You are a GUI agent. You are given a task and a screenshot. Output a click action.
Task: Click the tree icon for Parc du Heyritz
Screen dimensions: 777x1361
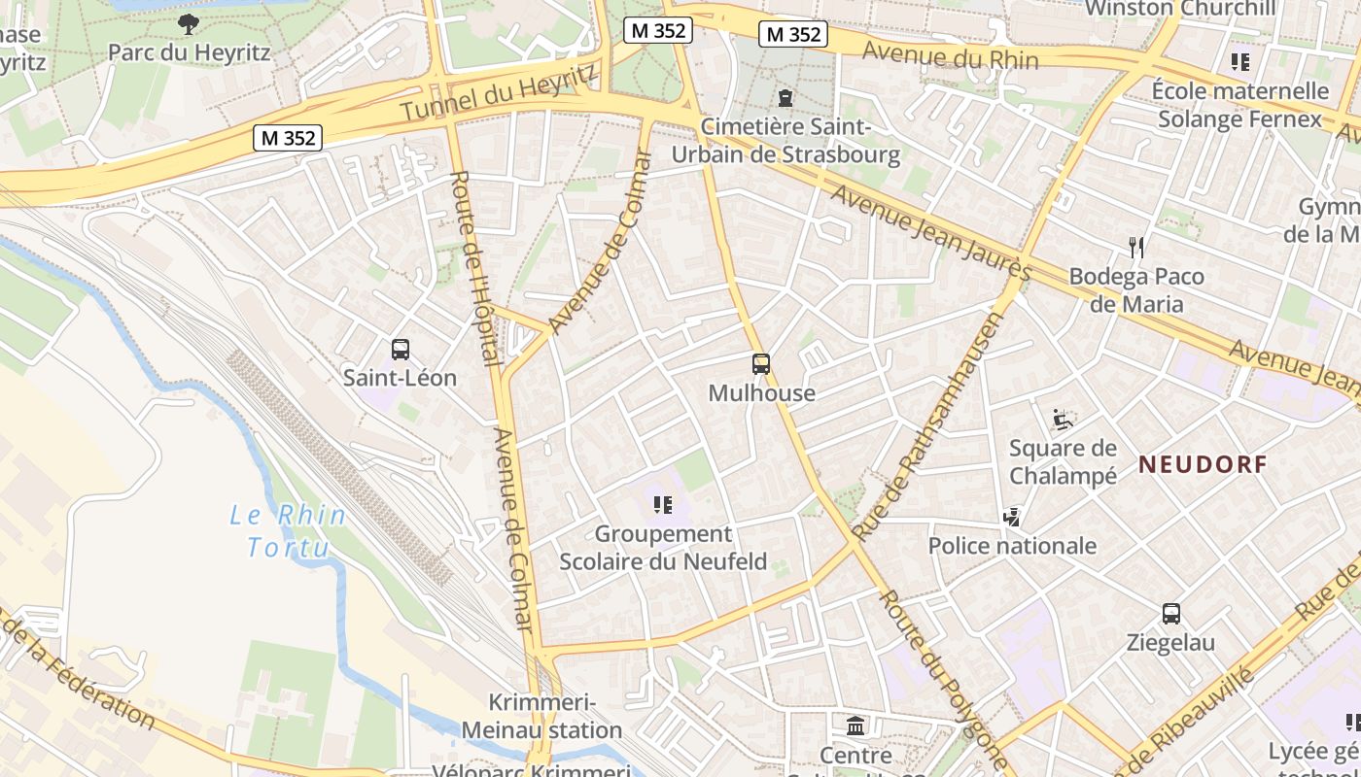point(189,23)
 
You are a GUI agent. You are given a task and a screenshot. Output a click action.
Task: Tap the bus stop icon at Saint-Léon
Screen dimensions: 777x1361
point(400,350)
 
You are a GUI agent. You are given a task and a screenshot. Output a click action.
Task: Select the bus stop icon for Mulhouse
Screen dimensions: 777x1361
point(761,364)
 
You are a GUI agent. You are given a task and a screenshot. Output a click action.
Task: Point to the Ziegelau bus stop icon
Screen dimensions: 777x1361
point(1171,614)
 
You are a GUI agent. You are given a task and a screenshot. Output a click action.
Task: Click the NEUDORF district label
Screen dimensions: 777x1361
point(1204,464)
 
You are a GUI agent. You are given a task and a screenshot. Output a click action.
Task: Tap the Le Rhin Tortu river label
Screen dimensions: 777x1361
point(288,531)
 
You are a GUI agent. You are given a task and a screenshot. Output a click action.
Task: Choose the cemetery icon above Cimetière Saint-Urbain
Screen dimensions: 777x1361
point(785,97)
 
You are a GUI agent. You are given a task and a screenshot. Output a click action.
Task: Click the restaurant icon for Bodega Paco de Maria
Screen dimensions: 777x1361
point(1136,248)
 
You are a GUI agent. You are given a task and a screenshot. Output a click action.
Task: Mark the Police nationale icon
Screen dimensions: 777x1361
point(1012,517)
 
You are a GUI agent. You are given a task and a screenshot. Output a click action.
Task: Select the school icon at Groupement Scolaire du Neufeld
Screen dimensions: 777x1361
point(663,504)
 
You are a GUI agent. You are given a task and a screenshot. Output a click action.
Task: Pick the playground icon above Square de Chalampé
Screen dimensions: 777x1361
point(1063,420)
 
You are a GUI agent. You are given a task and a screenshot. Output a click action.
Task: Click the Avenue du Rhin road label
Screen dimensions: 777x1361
point(950,55)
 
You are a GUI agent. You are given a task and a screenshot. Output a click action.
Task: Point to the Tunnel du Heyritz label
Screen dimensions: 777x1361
point(498,94)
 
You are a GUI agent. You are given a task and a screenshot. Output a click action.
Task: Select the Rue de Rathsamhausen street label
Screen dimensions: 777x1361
point(927,426)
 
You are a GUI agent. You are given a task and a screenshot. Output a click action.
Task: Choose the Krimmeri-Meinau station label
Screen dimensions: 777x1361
point(541,716)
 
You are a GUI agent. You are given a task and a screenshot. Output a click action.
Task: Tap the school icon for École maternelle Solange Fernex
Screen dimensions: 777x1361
point(1239,62)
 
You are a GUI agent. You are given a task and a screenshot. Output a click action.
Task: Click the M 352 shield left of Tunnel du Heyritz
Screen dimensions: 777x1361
point(288,138)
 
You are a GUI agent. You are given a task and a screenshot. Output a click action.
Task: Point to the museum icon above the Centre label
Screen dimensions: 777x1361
point(855,725)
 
